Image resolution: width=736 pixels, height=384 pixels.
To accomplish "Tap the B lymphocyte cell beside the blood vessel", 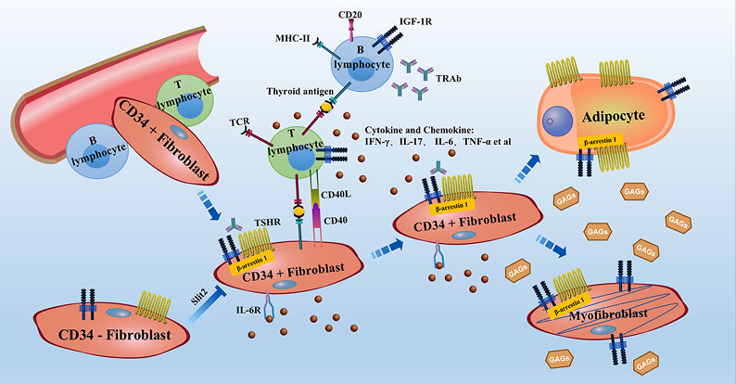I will (95, 152).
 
